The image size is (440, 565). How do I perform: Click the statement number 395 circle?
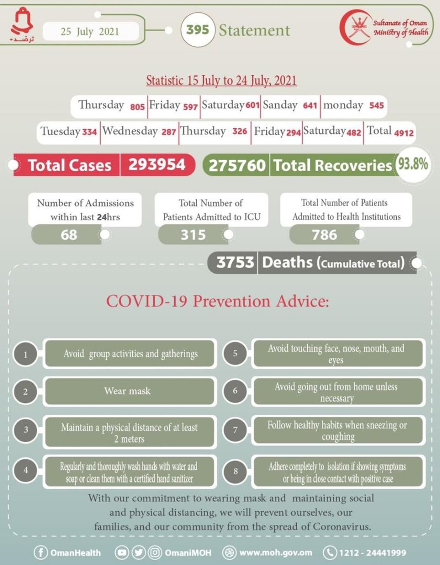198,30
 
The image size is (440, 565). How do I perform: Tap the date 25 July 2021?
90,31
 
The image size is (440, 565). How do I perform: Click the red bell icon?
22,21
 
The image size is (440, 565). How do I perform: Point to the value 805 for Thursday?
137,106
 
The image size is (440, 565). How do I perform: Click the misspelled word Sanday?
280,105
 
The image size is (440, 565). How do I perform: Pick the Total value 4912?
404,133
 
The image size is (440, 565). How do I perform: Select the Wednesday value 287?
169,132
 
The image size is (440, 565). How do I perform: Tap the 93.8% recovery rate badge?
413,164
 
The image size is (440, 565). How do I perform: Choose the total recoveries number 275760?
237,165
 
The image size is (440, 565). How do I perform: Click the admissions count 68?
69,235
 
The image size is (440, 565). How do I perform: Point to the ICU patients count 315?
193,235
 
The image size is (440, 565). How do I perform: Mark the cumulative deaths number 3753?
235,262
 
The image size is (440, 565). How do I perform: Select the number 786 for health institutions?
324,235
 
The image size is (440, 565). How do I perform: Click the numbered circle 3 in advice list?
26,430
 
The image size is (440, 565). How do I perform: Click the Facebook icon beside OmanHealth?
41,553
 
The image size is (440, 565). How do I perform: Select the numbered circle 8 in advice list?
235,471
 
